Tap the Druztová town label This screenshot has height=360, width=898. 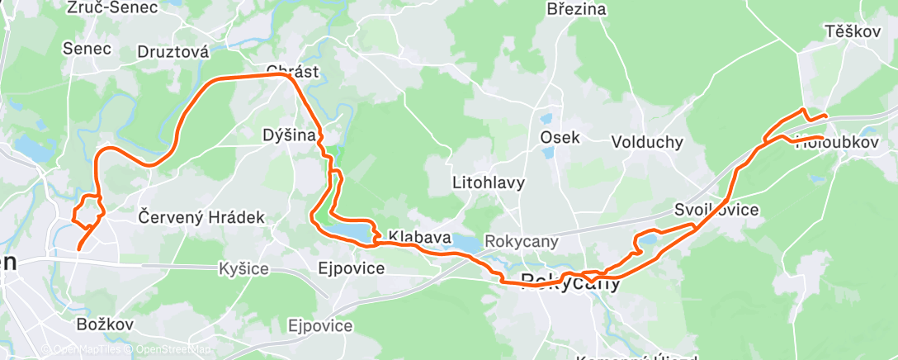click(x=173, y=52)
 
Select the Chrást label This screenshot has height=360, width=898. click(x=292, y=70)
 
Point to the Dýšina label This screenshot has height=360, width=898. click(x=289, y=135)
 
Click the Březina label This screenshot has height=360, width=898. click(x=576, y=10)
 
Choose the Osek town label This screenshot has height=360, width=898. click(x=560, y=138)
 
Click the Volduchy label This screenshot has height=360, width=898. click(x=647, y=142)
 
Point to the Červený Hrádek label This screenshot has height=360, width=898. click(x=202, y=218)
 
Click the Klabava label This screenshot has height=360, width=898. click(x=420, y=238)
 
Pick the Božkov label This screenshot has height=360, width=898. click(x=104, y=324)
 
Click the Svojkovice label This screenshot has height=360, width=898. click(x=716, y=210)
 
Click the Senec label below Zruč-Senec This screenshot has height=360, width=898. click(x=87, y=49)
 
